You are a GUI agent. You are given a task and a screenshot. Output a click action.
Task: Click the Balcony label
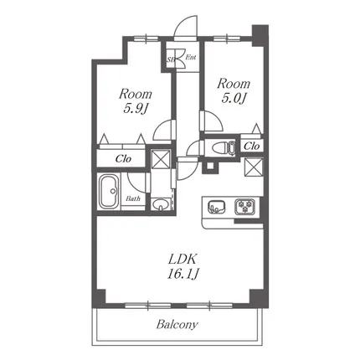[177, 324]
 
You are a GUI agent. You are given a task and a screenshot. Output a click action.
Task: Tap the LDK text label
[183, 260]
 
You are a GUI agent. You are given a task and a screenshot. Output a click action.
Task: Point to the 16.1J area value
[183, 274]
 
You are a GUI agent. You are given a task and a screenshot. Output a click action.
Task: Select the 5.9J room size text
[136, 108]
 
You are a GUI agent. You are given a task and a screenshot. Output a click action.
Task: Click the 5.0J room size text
[234, 98]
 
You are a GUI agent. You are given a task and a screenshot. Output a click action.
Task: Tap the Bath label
[133, 198]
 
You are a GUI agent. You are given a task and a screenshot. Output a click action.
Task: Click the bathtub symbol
[109, 191]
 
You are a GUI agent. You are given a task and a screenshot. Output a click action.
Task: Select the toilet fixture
[224, 147]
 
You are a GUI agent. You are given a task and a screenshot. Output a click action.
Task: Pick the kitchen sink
[217, 207]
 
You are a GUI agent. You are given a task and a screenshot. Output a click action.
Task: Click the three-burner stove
[244, 207]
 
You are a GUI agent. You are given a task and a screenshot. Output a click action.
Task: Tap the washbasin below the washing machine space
[160, 204]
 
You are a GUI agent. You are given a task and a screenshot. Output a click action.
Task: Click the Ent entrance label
[191, 58]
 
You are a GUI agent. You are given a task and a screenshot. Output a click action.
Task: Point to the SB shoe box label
[170, 59]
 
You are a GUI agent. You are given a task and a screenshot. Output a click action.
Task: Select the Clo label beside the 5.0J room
[252, 146]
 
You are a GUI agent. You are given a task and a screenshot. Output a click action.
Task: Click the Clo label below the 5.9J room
[123, 159]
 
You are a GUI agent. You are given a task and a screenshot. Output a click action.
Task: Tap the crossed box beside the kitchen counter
[254, 167]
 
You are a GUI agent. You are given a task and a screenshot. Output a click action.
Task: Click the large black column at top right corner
[260, 35]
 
